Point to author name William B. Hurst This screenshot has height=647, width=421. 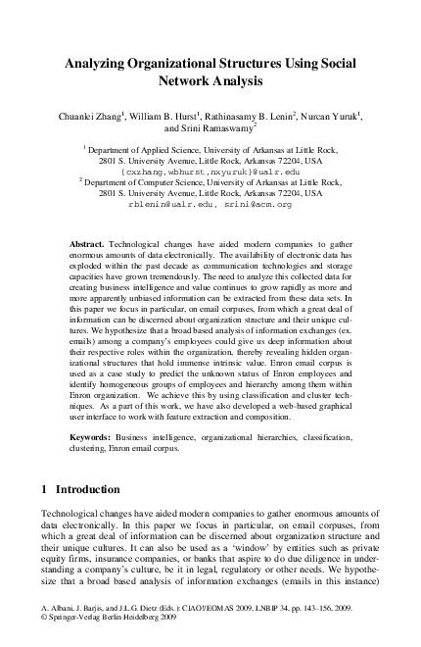click(x=169, y=116)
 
